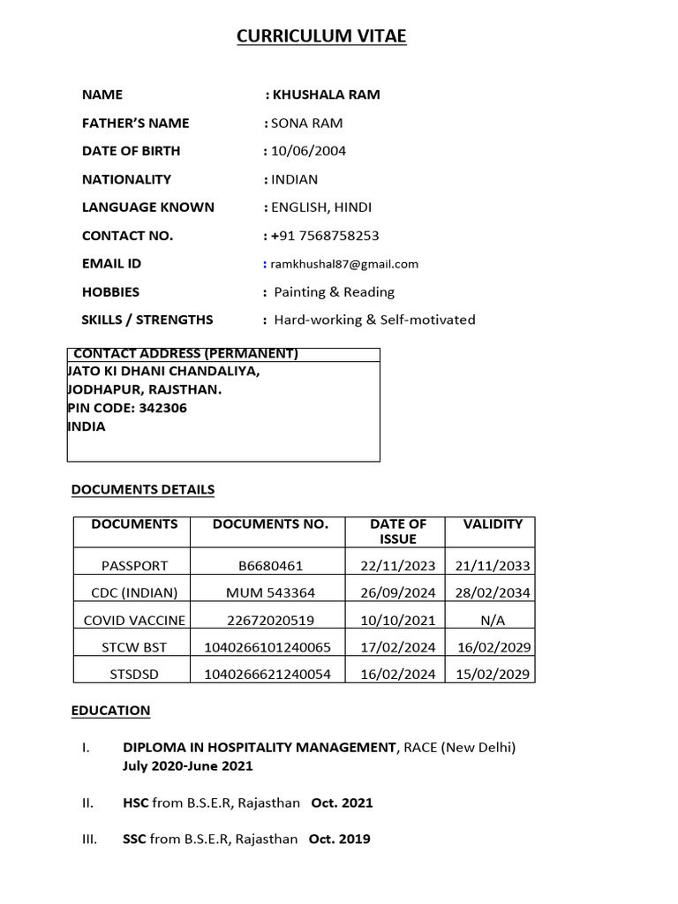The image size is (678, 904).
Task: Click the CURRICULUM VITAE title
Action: click(x=321, y=36)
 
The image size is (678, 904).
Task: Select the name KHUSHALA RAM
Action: click(x=327, y=94)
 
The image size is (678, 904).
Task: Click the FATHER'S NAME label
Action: click(x=135, y=123)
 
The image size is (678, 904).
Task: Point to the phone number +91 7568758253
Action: click(x=325, y=236)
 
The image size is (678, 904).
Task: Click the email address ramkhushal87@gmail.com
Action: click(x=345, y=264)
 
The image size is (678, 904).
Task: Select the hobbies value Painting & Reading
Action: click(x=334, y=292)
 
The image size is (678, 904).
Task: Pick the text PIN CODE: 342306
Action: click(x=127, y=408)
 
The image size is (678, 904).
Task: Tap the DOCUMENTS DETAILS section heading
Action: click(x=142, y=489)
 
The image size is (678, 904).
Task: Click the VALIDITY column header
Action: click(x=493, y=524)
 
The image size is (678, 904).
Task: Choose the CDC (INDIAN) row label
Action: click(x=134, y=592)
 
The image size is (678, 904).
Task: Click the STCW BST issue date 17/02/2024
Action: click(x=397, y=647)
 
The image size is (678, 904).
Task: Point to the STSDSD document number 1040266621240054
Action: click(x=267, y=674)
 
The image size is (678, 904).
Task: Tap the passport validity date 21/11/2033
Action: click(x=493, y=566)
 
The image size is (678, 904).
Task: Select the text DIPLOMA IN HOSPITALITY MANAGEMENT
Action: click(x=260, y=748)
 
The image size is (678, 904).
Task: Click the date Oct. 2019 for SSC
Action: click(x=339, y=840)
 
